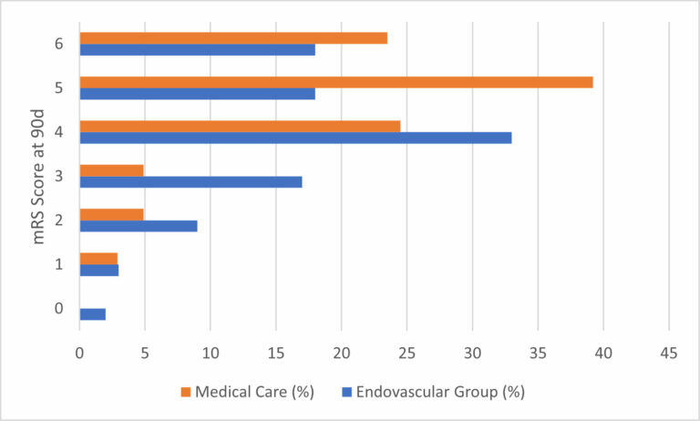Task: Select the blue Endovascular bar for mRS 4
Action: [x=295, y=138]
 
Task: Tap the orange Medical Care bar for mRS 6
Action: [x=233, y=38]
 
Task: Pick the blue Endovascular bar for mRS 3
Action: [x=190, y=181]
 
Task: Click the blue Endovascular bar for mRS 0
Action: [x=93, y=314]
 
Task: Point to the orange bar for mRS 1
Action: [x=98, y=259]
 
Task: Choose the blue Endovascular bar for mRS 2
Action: [x=139, y=226]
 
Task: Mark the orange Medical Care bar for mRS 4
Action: [x=240, y=126]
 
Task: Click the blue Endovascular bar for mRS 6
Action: [x=197, y=50]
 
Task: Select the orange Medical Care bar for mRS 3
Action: [x=111, y=169]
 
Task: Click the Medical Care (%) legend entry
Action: [x=247, y=392]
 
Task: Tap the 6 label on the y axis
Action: [x=60, y=44]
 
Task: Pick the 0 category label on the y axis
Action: [x=60, y=309]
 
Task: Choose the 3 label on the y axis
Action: [x=60, y=176]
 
